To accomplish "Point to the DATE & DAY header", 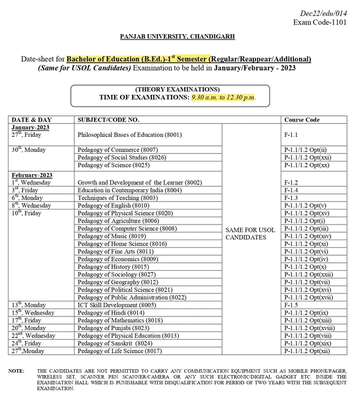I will click(32, 120).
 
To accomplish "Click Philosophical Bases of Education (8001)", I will click(130, 136).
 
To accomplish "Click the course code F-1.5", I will click(291, 305).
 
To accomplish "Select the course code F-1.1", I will click(291, 136).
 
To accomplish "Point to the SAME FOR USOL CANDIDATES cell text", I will click(250, 233).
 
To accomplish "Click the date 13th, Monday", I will click(29, 305).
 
